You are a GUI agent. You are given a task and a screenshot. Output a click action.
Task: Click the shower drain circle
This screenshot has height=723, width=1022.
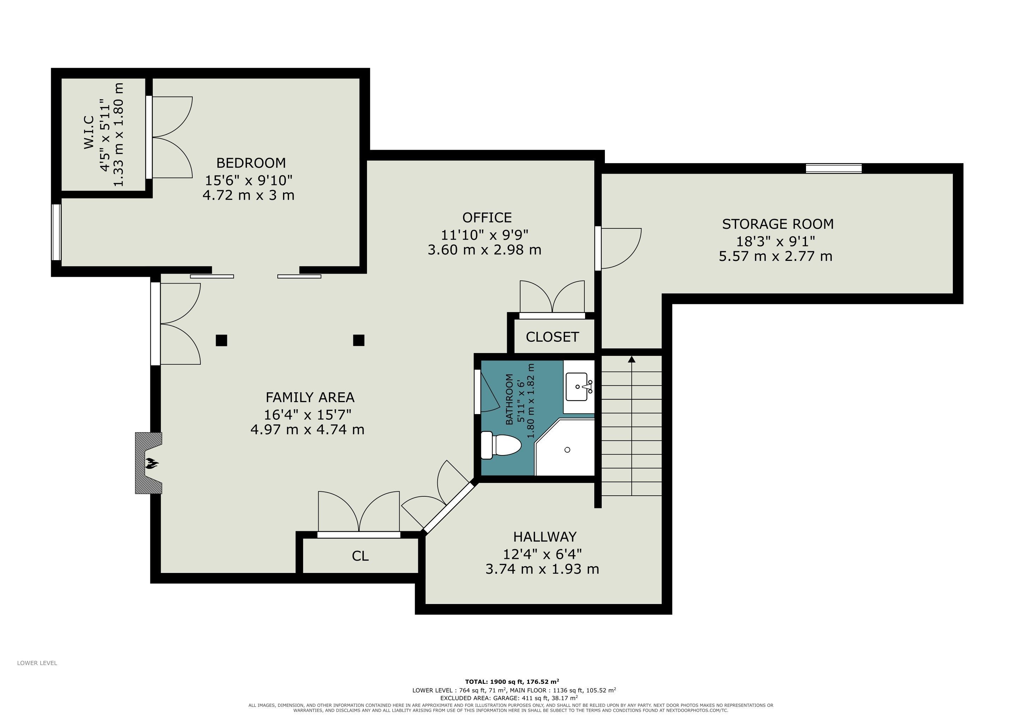[x=567, y=450]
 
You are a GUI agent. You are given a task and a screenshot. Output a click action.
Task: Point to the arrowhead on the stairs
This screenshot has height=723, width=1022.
[x=631, y=359]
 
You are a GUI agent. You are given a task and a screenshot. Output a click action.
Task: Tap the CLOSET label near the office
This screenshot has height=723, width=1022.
[x=552, y=337]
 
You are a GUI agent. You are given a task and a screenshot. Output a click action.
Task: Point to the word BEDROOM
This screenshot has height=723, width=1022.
[x=251, y=163]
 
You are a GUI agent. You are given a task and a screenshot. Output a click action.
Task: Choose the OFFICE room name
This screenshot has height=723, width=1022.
[x=487, y=218]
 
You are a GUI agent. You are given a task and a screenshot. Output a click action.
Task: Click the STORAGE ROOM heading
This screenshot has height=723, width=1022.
[x=778, y=224]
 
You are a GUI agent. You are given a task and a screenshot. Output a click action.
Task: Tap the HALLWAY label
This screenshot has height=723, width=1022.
[x=545, y=537]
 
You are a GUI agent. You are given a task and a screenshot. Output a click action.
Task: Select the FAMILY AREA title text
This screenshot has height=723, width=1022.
[x=310, y=397]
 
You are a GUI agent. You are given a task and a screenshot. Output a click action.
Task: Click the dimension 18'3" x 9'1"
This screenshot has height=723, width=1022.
[x=776, y=241]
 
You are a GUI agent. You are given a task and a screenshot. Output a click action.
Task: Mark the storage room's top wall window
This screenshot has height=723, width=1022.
[x=834, y=168]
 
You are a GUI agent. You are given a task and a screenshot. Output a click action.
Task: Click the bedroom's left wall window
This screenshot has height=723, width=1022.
[x=56, y=232]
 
